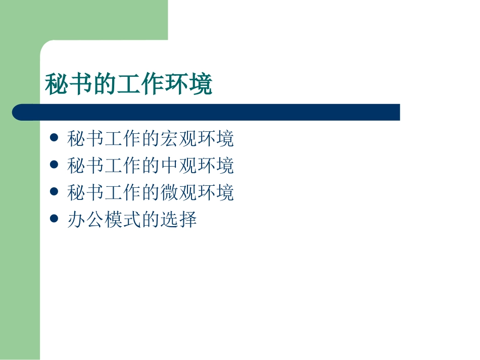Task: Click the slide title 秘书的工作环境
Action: [129, 84]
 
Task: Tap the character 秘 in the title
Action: [57, 84]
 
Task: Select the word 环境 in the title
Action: [188, 84]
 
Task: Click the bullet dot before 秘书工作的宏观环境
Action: [55, 137]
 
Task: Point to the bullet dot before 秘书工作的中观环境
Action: [55, 165]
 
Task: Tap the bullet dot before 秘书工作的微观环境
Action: [55, 192]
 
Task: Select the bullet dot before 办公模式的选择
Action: [55, 219]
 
